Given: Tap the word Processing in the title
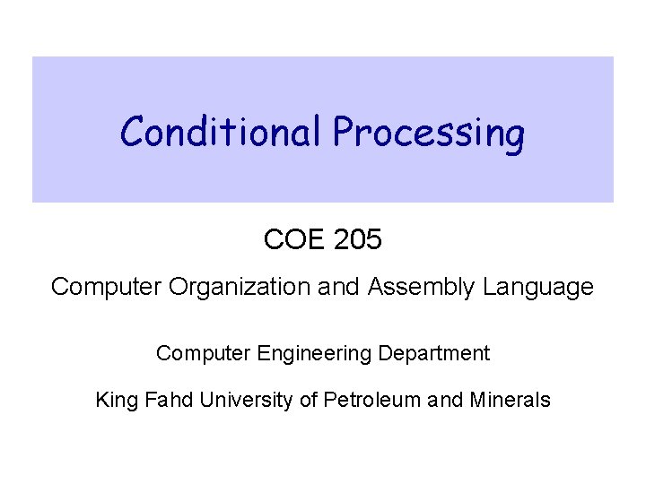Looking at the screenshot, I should coord(429,134).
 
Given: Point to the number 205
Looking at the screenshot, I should coord(358,239).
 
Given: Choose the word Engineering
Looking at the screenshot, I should coord(317,353).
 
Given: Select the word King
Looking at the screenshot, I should coord(114,400).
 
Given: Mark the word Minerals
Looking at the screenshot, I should coord(509,400).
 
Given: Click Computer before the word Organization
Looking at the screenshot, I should coord(100,287).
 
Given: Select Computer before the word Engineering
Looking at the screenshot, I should coord(200,353).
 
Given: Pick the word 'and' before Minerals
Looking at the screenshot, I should coord(444,400).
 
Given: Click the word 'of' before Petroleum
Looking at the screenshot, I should coord(309,400).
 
